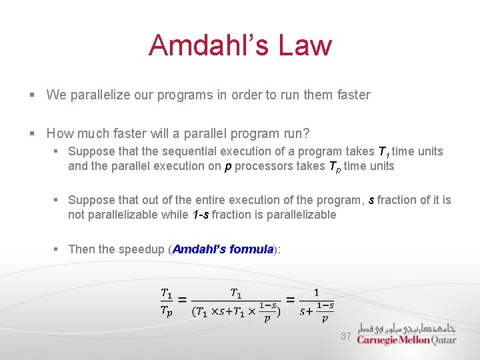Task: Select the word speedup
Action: tap(141, 249)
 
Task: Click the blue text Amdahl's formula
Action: tap(223, 249)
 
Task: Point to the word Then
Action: tap(82, 249)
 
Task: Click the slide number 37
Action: tap(345, 336)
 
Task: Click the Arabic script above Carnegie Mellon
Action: tap(407, 328)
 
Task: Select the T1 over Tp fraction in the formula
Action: tap(167, 301)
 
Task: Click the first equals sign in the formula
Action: tap(183, 301)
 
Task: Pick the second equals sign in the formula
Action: tap(289, 301)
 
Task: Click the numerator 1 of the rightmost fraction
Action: tap(316, 293)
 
